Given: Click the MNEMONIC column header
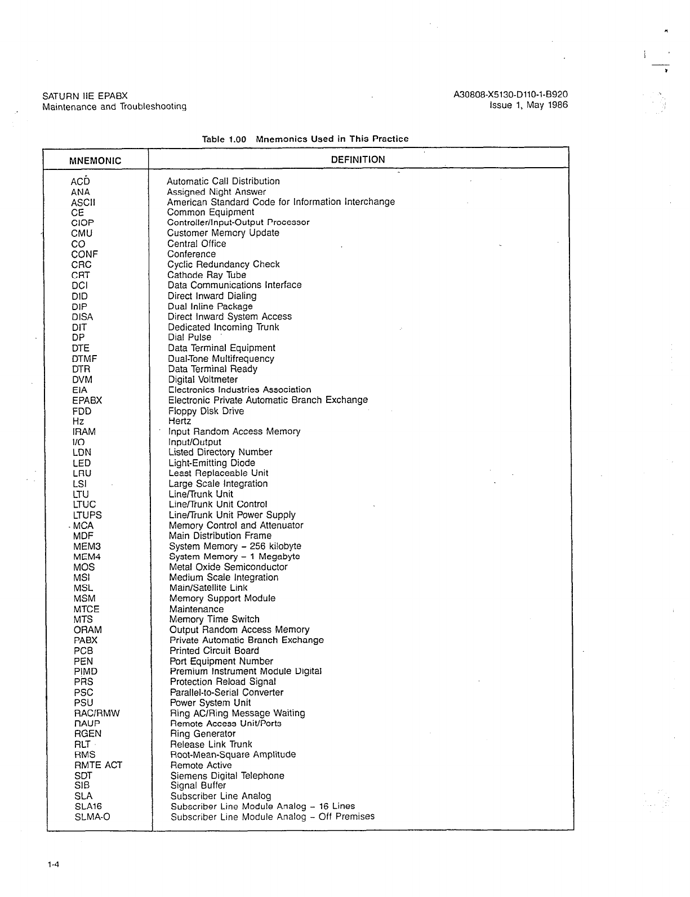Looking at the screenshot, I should click(95, 161).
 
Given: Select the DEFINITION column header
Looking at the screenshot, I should click(358, 160).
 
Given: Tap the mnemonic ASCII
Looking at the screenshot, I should click(83, 203).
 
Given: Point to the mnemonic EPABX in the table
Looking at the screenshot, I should click(87, 401).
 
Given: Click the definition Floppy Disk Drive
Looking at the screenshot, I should click(206, 411).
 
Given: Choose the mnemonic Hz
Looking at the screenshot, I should click(78, 421).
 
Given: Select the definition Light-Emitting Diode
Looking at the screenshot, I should click(212, 463).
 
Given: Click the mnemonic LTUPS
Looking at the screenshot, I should click(87, 515).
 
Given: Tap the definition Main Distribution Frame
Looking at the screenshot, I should click(220, 536).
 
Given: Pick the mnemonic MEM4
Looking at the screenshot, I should click(87, 557).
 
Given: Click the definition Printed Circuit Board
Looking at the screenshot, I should click(214, 651).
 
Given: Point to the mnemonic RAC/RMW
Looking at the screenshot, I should click(97, 714).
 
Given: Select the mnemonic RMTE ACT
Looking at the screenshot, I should click(98, 765).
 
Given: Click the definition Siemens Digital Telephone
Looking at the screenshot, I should click(227, 776).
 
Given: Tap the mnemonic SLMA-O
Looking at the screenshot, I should click(92, 817).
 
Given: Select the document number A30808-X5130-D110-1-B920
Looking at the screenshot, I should click(510, 95).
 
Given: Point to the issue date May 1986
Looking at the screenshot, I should click(547, 105).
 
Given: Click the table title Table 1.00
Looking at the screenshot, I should click(224, 139).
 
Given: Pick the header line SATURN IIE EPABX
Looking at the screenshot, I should click(85, 96).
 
